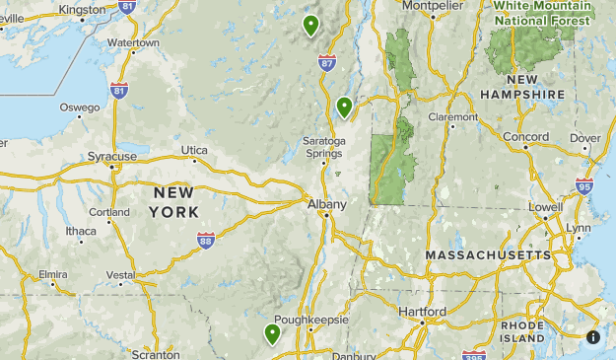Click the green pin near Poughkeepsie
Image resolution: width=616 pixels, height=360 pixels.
272,333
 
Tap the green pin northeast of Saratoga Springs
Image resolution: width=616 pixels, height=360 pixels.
344,106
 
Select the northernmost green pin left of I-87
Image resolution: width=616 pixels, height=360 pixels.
310,25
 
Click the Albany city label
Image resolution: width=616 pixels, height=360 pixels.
326,204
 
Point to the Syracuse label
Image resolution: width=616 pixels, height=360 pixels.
111,156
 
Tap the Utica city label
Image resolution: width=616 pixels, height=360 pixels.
194,150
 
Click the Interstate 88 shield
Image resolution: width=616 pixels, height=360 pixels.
205,240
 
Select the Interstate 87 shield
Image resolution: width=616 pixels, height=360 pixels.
327,62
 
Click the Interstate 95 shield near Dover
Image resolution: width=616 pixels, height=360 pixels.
584,184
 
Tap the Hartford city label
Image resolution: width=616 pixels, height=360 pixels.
423,312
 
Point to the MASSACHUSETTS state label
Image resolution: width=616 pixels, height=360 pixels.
488,254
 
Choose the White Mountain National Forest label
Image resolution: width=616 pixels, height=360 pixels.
542,12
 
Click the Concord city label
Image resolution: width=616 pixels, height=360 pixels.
525,136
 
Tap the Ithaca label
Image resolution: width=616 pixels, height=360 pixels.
81,231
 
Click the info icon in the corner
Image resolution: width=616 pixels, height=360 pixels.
593,336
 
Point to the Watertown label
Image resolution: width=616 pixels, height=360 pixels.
133,43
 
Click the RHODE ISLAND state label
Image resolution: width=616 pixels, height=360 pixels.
521,330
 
